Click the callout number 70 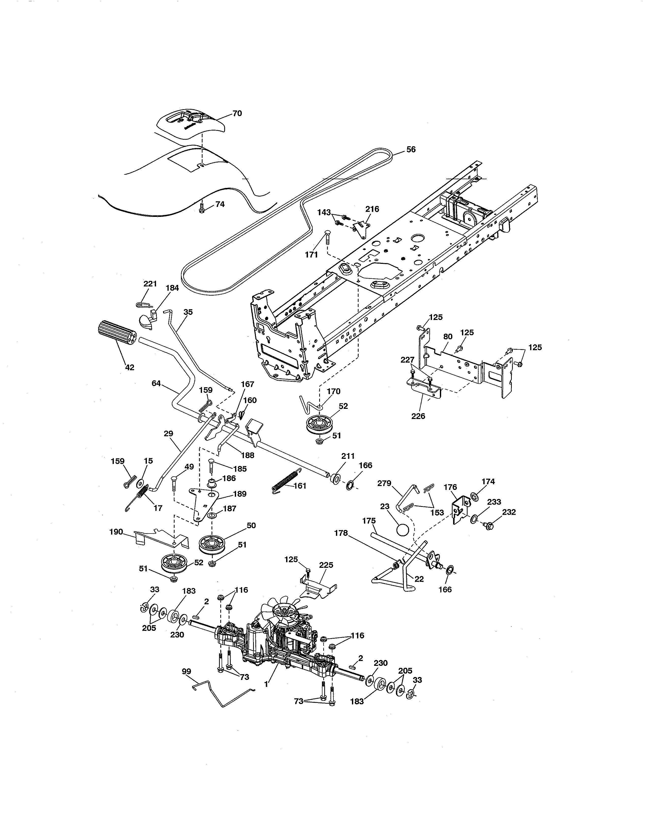pyautogui.click(x=237, y=114)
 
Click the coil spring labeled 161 pyautogui.click(x=284, y=480)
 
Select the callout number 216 pyautogui.click(x=372, y=209)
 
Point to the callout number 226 pyautogui.click(x=418, y=416)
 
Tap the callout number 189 pyautogui.click(x=240, y=494)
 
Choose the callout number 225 pyautogui.click(x=326, y=565)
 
